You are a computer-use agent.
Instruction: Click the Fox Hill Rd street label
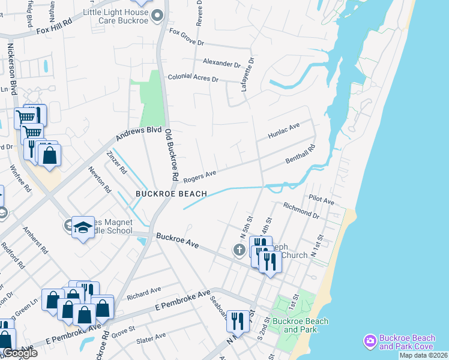54,28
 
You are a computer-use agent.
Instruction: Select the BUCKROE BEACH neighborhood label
171,194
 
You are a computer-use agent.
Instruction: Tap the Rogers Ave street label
199,176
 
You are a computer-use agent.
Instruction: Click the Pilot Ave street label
321,199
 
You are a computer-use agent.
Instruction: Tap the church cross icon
240,250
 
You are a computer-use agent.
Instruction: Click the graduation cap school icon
83,226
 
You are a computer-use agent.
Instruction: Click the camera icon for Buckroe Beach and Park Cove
370,341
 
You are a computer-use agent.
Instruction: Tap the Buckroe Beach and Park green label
300,325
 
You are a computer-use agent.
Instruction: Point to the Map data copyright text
423,355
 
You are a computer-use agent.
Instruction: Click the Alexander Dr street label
221,62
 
